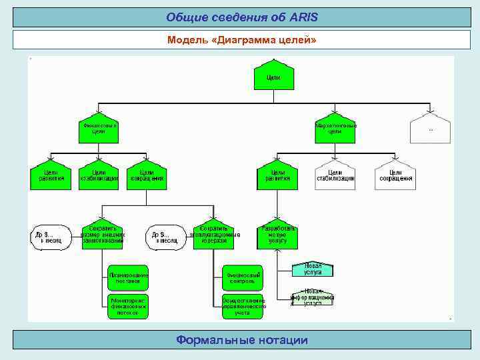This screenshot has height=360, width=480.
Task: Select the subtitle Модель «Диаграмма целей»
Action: pos(241,40)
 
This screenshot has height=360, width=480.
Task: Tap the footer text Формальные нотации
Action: pos(241,340)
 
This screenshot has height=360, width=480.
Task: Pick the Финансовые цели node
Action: pos(99,127)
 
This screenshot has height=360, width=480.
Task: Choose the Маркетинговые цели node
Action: pos(335,127)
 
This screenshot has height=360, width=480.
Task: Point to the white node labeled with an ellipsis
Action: pos(430,127)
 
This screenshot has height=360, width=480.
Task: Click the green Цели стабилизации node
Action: pos(99,175)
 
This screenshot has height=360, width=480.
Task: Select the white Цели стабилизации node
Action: pos(335,175)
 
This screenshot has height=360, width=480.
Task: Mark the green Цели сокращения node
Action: pos(146,175)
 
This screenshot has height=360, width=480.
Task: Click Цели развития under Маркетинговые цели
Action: pos(277,175)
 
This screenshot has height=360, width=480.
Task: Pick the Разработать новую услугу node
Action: pos(277,235)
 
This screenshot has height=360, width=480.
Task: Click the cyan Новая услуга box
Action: pos(313,269)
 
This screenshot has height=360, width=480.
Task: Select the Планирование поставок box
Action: pos(129,276)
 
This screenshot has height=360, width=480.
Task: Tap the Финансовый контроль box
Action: pos(241,276)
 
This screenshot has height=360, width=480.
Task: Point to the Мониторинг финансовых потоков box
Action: pos(129,306)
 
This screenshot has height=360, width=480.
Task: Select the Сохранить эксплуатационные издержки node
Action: pos(213,235)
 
